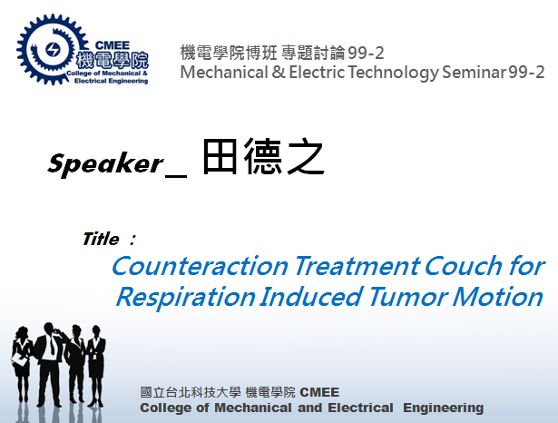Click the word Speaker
pos(105,163)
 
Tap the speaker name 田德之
pos(263,156)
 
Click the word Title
pos(101,239)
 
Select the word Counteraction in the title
pos(200,266)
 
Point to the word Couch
pos(463,266)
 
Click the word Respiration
pos(186,298)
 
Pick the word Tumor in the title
pos(407,297)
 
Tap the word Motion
pos(497,297)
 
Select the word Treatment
pos(357,266)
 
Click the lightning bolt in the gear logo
pos(53,50)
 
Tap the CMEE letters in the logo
pos(113,45)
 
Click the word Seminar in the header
pos(474,73)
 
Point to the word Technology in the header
pos(393,73)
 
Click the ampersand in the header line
pos(279,73)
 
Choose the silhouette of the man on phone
pos(50,364)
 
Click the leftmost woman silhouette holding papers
pos(22,363)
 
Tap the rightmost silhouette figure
pos(96,366)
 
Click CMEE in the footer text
pos(319,392)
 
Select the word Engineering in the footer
pos(443,408)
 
